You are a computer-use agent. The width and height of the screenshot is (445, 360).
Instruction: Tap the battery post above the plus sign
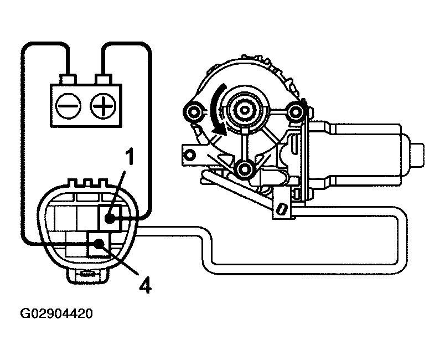(x=102, y=79)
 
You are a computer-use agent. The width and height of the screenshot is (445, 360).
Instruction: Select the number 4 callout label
(x=144, y=285)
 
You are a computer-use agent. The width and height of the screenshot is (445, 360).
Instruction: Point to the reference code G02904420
(x=57, y=314)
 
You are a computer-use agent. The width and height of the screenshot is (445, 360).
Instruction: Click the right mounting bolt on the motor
(x=295, y=112)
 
